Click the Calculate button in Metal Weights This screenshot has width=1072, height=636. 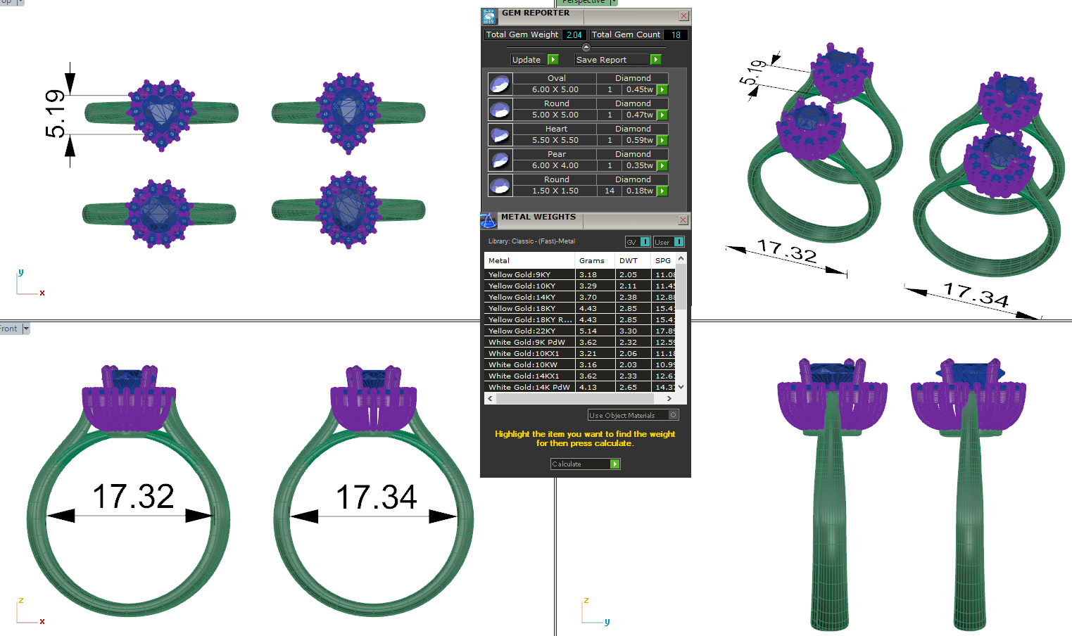(584, 464)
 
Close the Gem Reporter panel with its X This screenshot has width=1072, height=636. (683, 15)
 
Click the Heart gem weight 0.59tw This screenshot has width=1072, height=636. (640, 140)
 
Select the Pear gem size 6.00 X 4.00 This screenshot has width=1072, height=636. (555, 165)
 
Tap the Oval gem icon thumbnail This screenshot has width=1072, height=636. (500, 84)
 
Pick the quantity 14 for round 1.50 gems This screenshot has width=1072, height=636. (610, 191)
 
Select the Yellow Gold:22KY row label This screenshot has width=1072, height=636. (522, 331)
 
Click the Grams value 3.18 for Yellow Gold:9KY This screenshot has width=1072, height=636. (588, 274)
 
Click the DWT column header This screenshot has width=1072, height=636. (628, 260)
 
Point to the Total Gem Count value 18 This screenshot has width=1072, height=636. (676, 34)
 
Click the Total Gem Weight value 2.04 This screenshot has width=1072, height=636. (574, 34)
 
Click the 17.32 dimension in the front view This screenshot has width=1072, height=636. (133, 497)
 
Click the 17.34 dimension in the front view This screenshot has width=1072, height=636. (376, 497)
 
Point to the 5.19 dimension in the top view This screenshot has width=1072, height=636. (55, 114)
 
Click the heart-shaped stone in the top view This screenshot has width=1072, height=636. (161, 111)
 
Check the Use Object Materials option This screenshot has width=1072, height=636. (673, 415)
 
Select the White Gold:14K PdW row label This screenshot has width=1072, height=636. (529, 387)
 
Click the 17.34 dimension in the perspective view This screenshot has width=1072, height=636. (976, 295)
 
